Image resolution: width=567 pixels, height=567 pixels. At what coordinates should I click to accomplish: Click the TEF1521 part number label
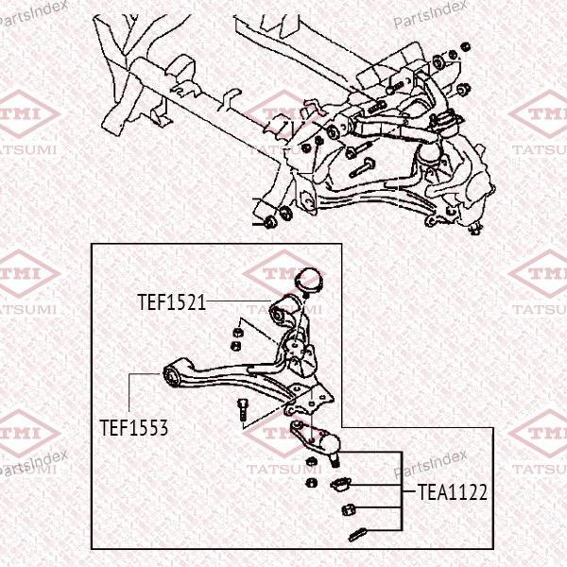[171, 302]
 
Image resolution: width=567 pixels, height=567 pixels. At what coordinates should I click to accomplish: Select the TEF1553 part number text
[134, 428]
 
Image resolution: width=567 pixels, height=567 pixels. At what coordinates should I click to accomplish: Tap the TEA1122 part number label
[453, 492]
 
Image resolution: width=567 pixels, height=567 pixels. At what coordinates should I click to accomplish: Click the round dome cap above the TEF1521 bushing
[310, 281]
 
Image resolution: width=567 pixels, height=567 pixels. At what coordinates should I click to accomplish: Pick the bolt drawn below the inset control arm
[242, 409]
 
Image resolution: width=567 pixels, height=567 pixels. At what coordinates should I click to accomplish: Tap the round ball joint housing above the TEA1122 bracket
[330, 444]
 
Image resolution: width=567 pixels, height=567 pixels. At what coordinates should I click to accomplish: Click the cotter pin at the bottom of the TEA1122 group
[357, 535]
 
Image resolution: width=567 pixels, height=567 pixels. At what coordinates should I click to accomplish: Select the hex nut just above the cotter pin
[349, 509]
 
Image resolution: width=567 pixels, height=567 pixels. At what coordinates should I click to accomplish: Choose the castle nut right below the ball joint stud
[341, 484]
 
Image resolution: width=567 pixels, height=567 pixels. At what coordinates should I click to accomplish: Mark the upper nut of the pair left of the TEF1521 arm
[237, 331]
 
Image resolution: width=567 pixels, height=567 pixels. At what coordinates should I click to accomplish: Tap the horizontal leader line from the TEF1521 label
[239, 301]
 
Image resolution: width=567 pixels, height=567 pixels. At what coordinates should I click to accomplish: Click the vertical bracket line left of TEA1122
[402, 491]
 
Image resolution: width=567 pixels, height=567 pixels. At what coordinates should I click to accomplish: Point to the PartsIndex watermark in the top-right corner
[430, 14]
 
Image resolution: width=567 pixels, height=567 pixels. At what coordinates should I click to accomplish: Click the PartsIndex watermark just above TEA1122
[430, 464]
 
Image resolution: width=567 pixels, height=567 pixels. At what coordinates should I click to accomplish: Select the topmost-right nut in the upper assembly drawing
[466, 46]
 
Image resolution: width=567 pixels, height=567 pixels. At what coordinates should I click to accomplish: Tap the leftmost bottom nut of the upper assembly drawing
[269, 222]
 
